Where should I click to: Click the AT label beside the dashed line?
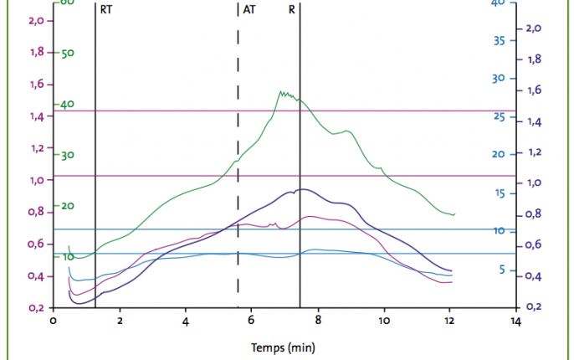pos(249,10)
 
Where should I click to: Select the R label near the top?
pos(291,10)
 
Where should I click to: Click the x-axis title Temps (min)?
pos(284,346)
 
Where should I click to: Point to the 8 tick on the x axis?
pos(318,320)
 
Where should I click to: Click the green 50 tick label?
pos(69,53)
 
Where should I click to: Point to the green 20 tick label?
pos(69,206)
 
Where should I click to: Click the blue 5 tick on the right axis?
pos(500,270)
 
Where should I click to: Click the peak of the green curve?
pos(281,91)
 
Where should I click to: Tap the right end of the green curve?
pos(454,215)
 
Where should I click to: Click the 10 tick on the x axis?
pos(383,320)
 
